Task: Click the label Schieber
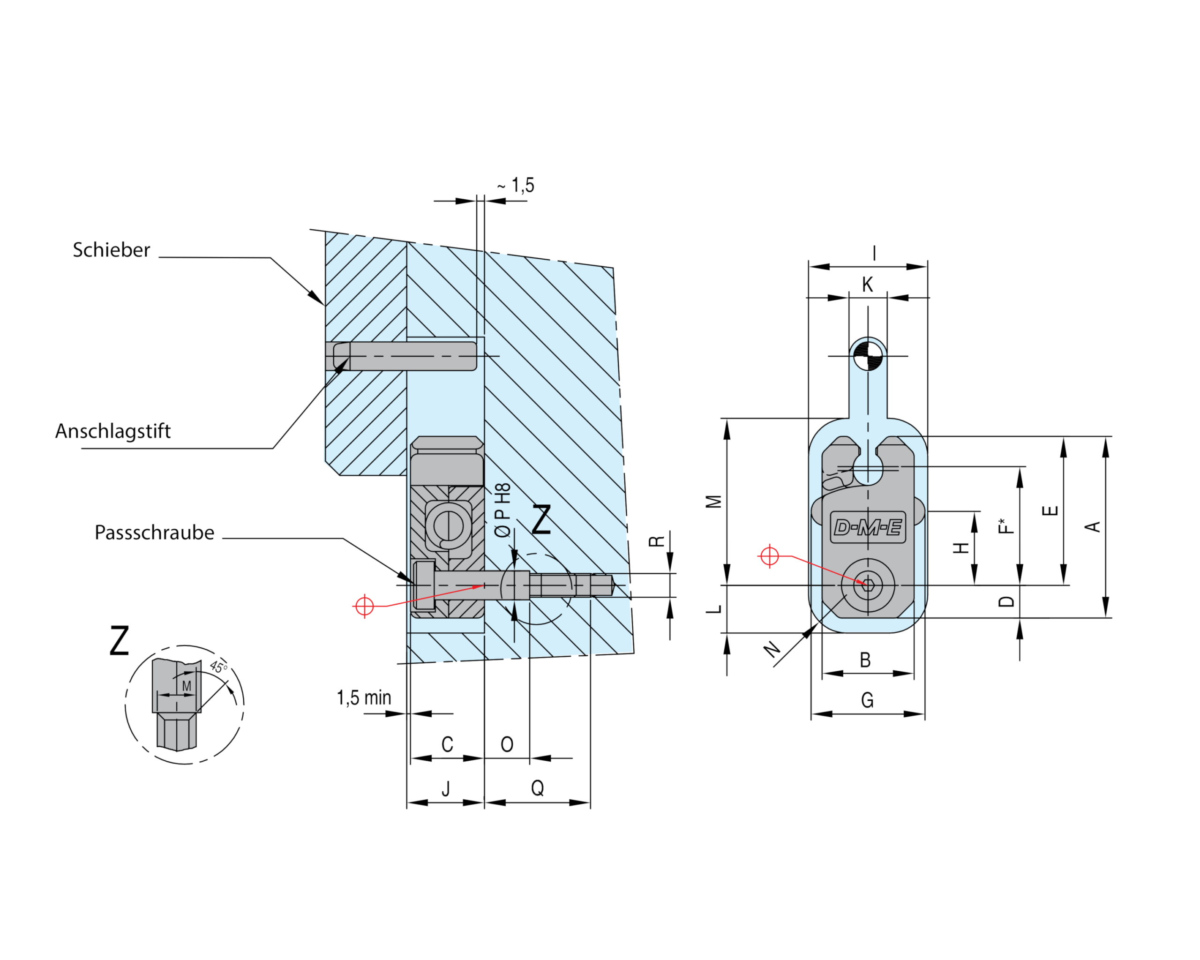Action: (111, 250)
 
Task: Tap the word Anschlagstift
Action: (113, 431)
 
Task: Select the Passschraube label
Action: (154, 532)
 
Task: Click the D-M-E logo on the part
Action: (868, 526)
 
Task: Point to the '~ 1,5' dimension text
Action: (516, 185)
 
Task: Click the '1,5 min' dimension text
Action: (364, 698)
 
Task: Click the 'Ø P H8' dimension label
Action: (502, 510)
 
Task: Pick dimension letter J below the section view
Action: (446, 788)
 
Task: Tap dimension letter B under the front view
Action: (865, 660)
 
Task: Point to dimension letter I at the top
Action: (874, 253)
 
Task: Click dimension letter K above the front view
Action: (867, 285)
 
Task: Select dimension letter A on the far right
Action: (1093, 526)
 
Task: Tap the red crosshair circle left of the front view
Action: (769, 556)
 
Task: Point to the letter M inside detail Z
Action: (187, 686)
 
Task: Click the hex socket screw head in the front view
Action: (868, 585)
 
